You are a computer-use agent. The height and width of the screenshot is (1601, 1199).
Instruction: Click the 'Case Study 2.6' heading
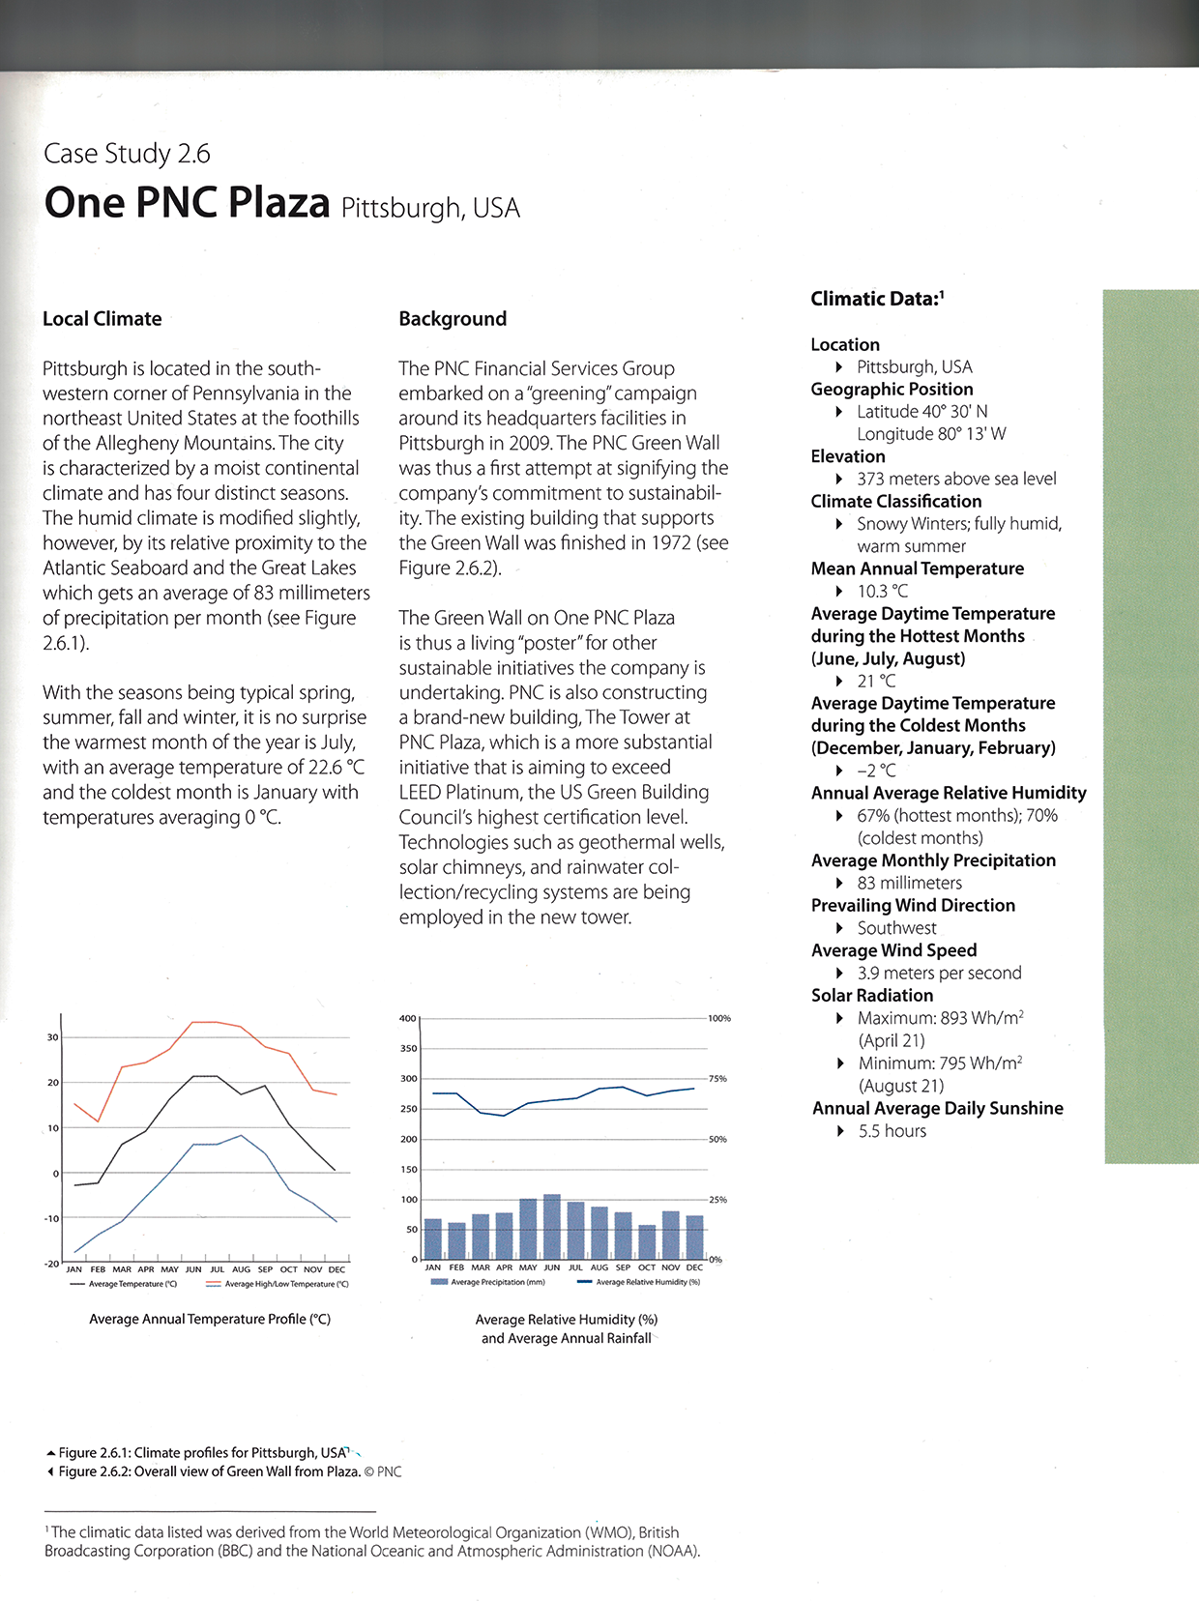[x=127, y=154]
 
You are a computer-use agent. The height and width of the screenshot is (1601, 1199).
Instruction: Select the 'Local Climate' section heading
[x=102, y=319]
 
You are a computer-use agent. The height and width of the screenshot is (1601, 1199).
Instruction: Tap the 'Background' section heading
[x=453, y=319]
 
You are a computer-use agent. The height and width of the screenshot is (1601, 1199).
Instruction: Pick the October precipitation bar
[x=647, y=1241]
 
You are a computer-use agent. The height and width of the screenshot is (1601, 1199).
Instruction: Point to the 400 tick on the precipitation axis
[x=407, y=1018]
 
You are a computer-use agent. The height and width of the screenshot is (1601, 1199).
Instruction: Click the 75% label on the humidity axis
[x=717, y=1079]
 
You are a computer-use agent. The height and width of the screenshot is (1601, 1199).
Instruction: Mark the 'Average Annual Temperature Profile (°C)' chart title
[x=210, y=1319]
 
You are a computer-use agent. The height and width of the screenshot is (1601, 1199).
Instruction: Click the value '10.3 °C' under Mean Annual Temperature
[x=882, y=591]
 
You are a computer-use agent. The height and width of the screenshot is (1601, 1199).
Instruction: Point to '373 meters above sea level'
[x=956, y=479]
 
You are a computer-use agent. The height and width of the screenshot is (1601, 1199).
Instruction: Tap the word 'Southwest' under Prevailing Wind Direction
[x=896, y=928]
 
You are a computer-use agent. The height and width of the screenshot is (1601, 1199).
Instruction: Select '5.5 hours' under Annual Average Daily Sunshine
[x=892, y=1131]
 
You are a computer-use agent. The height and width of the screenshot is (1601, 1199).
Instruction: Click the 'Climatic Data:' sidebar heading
[x=876, y=299]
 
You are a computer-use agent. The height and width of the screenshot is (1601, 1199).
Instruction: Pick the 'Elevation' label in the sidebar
[x=848, y=456]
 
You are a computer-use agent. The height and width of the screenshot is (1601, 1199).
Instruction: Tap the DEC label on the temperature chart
[x=336, y=1269]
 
